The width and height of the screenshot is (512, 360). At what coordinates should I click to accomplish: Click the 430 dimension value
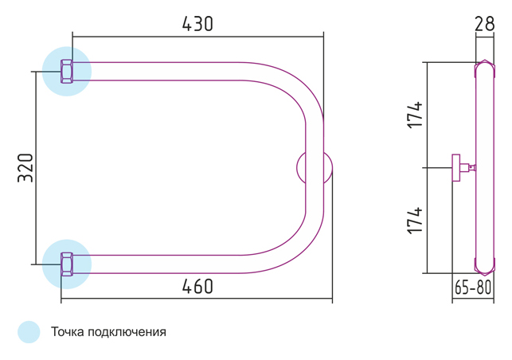[x=197, y=24]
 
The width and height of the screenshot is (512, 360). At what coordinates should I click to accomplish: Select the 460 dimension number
[x=197, y=286]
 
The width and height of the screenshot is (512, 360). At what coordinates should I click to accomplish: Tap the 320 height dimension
[x=25, y=167]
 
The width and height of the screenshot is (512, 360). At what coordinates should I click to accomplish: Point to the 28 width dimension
[x=485, y=24]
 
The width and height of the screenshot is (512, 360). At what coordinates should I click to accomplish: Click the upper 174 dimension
[x=415, y=115]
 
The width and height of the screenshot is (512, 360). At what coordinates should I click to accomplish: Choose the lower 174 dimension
[x=415, y=221]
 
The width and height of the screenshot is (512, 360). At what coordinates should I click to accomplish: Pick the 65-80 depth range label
[x=473, y=288]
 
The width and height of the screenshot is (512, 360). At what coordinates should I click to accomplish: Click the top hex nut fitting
[x=67, y=71]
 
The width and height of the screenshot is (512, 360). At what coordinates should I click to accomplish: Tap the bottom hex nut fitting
[x=67, y=264]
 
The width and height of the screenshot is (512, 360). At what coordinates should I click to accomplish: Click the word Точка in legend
[x=68, y=332]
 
